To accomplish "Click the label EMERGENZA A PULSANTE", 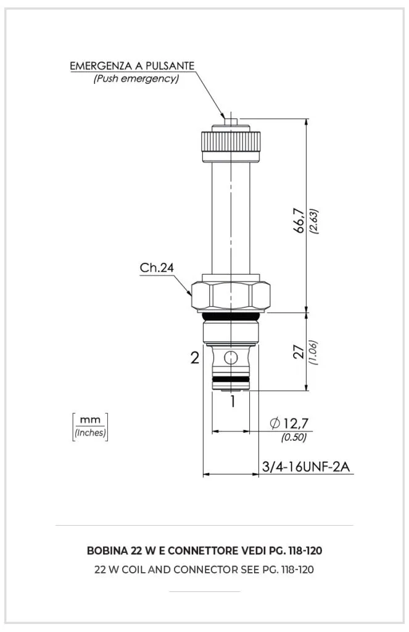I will (x=133, y=65).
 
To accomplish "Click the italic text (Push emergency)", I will (x=136, y=79).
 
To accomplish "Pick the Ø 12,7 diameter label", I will (x=288, y=423).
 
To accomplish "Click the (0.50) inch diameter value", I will (x=294, y=438).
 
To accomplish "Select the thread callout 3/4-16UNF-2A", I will (x=307, y=467).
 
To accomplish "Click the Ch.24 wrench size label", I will (x=157, y=268).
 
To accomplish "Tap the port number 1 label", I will (x=233, y=402).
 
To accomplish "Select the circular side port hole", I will (x=230, y=357).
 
